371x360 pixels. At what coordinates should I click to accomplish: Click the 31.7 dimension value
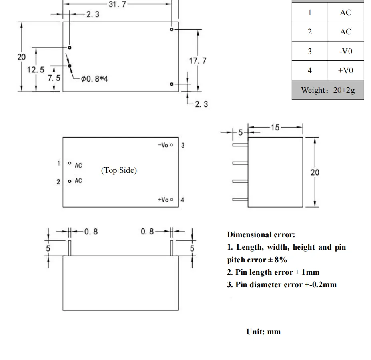(x=118, y=4)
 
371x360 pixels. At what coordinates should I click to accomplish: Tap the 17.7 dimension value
(x=198, y=61)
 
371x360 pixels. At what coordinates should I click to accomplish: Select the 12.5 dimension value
(x=36, y=70)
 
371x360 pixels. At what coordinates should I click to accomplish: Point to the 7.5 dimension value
(x=54, y=78)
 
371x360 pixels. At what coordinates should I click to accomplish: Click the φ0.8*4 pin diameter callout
(x=94, y=78)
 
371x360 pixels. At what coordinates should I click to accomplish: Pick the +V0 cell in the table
(x=346, y=70)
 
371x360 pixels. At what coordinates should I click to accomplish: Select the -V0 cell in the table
(x=346, y=51)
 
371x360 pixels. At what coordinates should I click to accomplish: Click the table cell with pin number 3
(x=310, y=51)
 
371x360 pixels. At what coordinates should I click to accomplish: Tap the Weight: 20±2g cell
(x=328, y=90)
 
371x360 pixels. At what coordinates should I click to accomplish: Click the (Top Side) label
(x=119, y=170)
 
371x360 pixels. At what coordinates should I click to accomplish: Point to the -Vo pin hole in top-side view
(x=172, y=145)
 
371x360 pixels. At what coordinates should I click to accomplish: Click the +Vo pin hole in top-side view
(x=172, y=200)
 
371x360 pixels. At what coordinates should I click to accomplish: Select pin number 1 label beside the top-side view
(x=58, y=163)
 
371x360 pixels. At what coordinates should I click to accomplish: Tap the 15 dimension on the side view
(x=275, y=128)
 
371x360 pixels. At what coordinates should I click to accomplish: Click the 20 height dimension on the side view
(x=315, y=172)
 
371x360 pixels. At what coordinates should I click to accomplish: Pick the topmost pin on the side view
(x=240, y=145)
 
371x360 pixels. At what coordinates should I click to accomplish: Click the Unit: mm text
(x=263, y=332)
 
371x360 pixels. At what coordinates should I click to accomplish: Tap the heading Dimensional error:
(x=261, y=234)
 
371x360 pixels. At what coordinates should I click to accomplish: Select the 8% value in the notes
(x=281, y=260)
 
